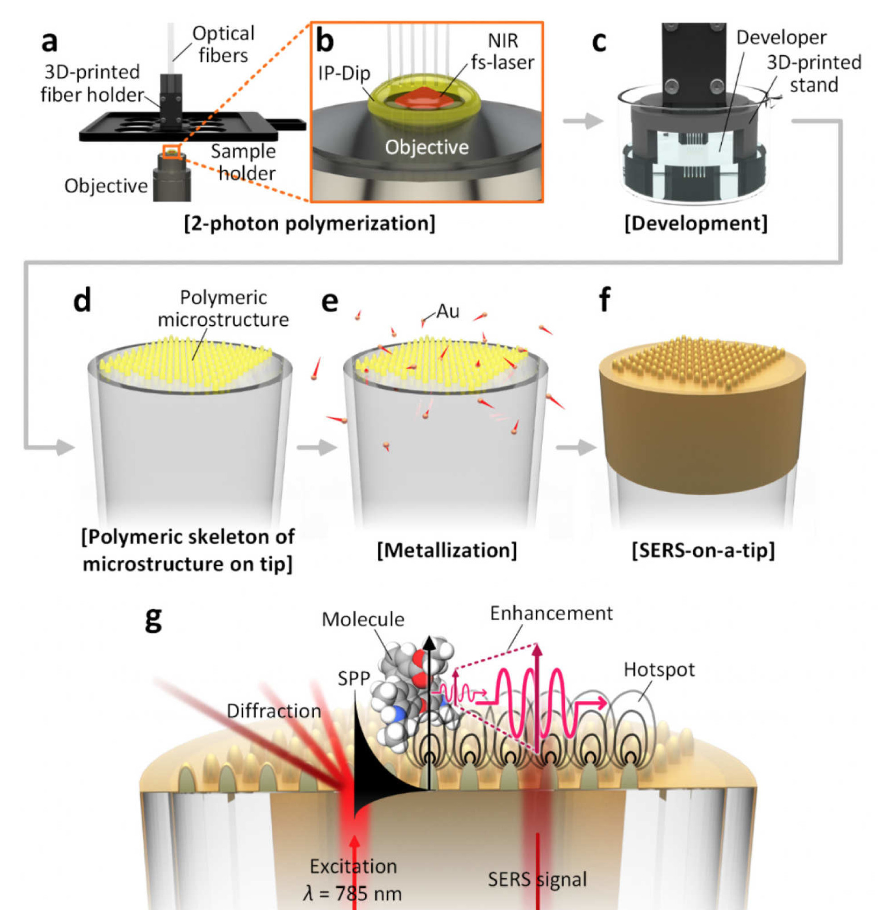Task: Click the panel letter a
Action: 49,42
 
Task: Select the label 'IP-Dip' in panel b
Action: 344,73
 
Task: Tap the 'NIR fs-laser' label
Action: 503,52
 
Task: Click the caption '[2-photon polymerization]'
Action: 310,223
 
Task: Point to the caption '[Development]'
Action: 696,223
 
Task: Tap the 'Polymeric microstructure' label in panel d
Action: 223,309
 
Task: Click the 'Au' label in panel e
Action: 448,312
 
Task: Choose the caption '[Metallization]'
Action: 447,551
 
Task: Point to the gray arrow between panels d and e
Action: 317,448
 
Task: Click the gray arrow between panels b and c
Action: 583,121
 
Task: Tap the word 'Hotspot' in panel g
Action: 659,670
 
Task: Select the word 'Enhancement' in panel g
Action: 552,613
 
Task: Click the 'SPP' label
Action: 354,679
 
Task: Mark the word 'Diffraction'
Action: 274,711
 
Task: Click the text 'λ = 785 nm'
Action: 353,893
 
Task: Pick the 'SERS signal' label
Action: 538,879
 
